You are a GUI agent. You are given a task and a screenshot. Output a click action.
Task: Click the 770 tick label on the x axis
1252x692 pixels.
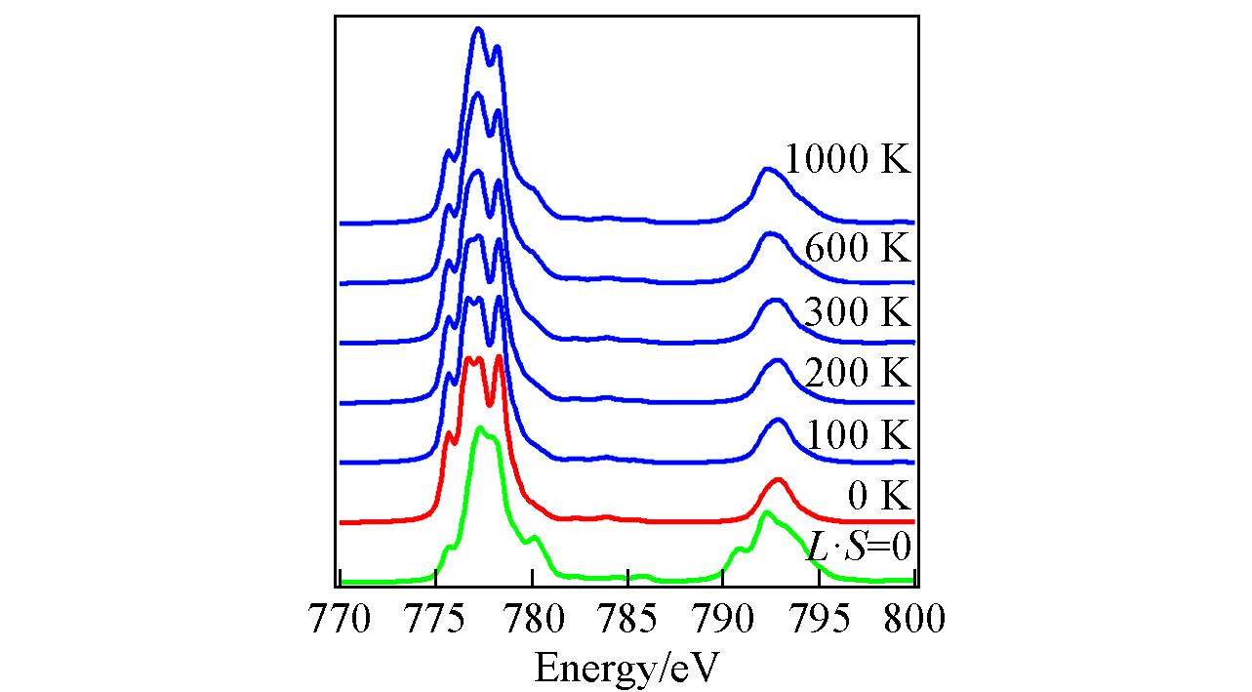tap(340, 619)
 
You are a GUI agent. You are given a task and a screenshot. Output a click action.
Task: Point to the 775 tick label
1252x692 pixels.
tap(436, 619)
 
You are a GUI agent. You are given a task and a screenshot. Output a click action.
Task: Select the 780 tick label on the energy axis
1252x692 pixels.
tap(532, 619)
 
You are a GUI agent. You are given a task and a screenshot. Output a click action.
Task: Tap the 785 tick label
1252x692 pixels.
tap(627, 619)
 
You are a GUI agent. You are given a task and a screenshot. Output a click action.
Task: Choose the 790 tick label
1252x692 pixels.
tap(723, 619)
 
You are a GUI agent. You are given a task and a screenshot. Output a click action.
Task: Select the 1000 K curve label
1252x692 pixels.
tap(847, 159)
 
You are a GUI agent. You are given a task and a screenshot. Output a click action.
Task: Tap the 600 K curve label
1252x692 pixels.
tap(857, 249)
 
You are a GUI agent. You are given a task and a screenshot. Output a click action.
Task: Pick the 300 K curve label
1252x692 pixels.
tap(857, 312)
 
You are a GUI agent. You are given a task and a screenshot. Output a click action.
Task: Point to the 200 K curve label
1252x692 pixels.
tap(857, 373)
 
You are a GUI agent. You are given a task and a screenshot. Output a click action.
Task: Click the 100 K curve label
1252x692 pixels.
tap(857, 434)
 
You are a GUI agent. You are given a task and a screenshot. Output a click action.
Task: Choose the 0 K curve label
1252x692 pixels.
tap(878, 496)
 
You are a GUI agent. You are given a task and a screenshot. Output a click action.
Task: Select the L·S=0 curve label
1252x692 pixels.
tap(859, 547)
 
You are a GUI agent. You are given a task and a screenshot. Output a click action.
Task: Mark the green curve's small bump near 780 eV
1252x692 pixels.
tap(533, 538)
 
